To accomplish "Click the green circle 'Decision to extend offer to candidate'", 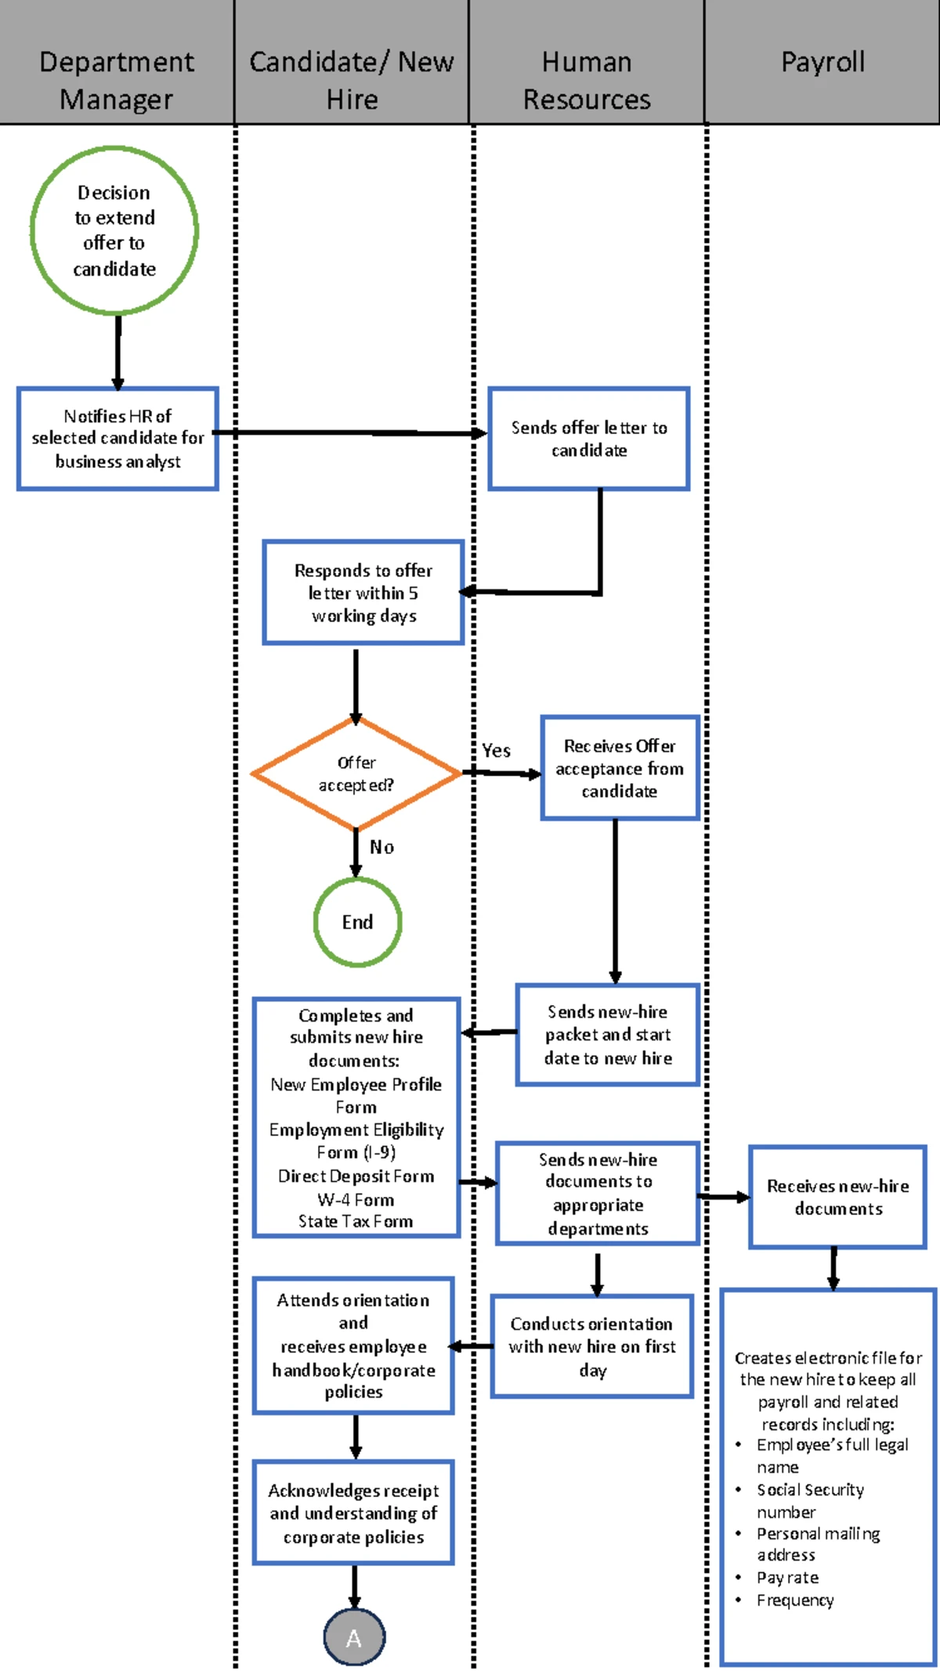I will click(114, 230).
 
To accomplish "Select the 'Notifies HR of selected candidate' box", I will click(117, 439).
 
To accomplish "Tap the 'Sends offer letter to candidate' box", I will click(589, 439).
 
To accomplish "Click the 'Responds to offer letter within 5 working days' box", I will click(363, 592).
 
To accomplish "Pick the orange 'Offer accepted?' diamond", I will click(356, 773).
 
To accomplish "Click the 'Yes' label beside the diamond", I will click(496, 751).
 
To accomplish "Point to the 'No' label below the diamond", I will click(381, 847).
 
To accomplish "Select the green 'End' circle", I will click(357, 922).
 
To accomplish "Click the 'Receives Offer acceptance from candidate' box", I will click(619, 768).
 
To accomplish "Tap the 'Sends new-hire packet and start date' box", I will click(608, 1035).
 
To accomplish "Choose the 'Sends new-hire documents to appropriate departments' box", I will click(598, 1193).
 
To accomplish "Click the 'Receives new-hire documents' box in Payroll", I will click(837, 1197).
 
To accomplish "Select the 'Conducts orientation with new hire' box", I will click(592, 1347).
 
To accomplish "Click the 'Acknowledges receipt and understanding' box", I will click(353, 1513).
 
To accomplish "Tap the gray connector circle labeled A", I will click(354, 1638).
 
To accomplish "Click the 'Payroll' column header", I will click(822, 62).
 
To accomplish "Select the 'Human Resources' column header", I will click(587, 80).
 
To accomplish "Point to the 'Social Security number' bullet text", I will click(809, 1500).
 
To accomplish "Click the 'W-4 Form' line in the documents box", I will click(356, 1199).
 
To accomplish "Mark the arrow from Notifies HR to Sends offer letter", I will click(352, 432).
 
